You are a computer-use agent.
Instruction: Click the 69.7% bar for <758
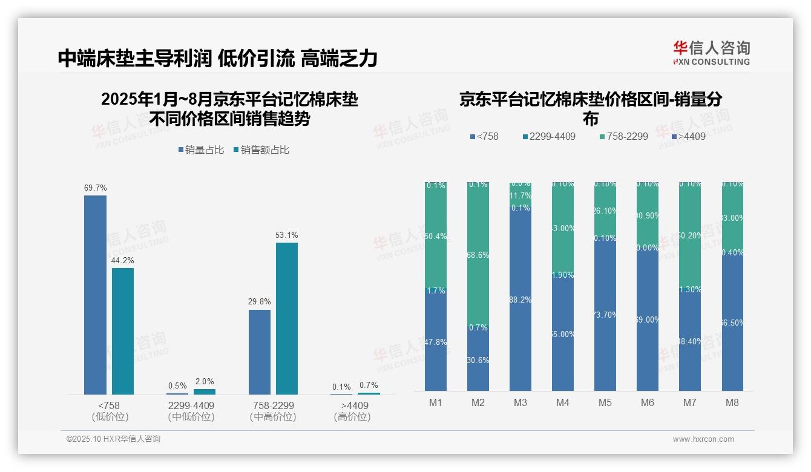pyautogui.click(x=95, y=295)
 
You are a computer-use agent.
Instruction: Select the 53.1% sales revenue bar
pyautogui.click(x=287, y=318)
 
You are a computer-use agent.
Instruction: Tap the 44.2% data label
pyautogui.click(x=123, y=260)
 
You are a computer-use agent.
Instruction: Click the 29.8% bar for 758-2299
pyautogui.click(x=260, y=352)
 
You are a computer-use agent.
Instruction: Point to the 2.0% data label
pyautogui.click(x=205, y=382)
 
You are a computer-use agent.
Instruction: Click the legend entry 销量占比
pyautogui.click(x=201, y=149)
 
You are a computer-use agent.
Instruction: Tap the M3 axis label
pyautogui.click(x=520, y=402)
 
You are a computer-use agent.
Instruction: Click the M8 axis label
pyautogui.click(x=732, y=402)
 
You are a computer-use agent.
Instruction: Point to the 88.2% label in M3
pyautogui.click(x=520, y=300)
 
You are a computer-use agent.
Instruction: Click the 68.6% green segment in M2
pyautogui.click(x=478, y=254)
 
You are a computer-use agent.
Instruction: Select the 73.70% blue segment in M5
pyautogui.click(x=605, y=315)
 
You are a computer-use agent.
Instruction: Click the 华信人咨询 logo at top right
pyautogui.click(x=711, y=53)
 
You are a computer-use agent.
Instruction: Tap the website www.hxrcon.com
pyautogui.click(x=703, y=439)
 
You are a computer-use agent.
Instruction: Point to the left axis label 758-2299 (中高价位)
pyautogui.click(x=273, y=411)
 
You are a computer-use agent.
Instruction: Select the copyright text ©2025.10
pyautogui.click(x=113, y=439)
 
